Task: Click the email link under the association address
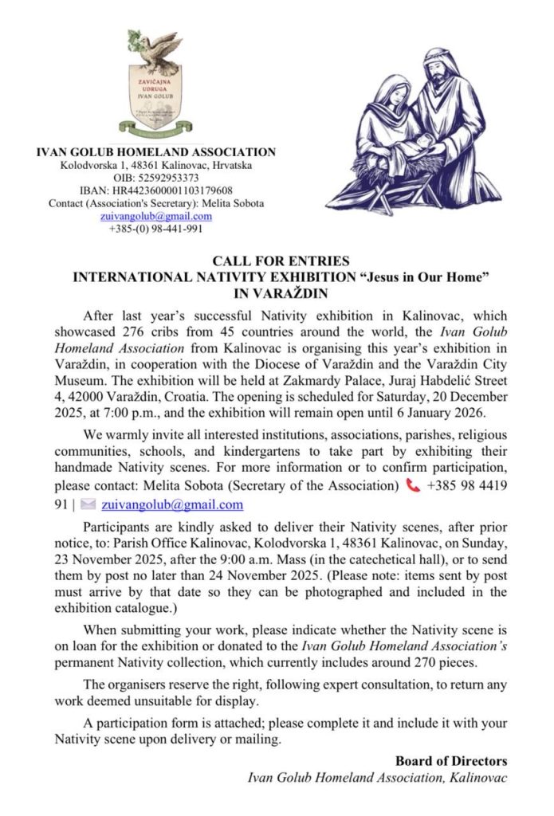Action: click(156, 215)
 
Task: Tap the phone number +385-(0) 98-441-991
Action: click(156, 228)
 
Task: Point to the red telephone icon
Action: click(412, 486)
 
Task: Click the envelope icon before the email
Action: click(88, 504)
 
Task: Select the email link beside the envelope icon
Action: click(171, 504)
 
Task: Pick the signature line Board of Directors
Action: click(451, 761)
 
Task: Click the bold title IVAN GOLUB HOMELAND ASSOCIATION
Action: click(156, 152)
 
